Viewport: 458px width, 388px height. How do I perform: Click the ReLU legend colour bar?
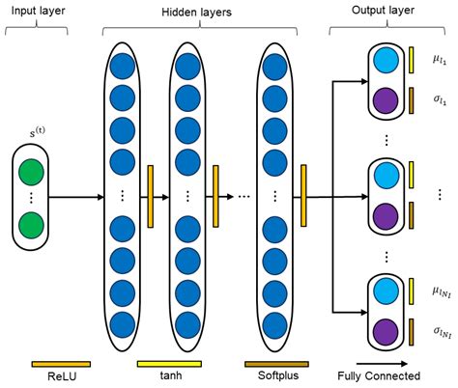point(61,365)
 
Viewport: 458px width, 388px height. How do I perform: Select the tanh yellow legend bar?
point(168,365)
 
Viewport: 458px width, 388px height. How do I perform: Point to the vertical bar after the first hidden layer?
point(150,197)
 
